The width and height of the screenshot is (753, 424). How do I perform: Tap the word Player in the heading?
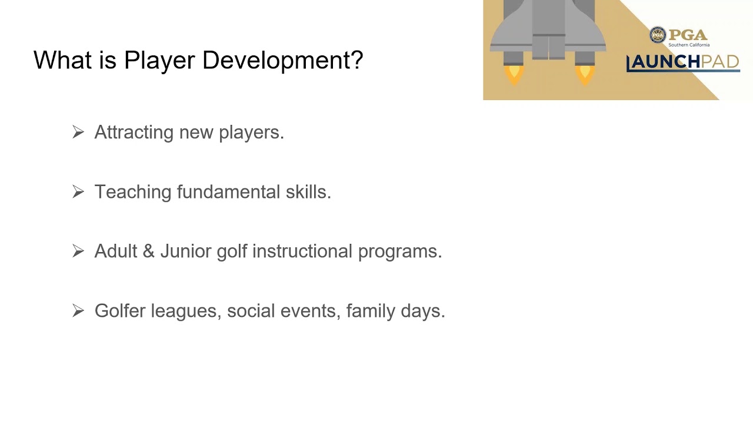click(159, 60)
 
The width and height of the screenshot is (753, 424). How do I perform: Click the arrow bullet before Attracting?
click(78, 132)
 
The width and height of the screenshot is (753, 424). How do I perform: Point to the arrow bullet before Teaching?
click(78, 192)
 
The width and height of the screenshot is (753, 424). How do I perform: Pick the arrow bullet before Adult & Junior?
click(78, 251)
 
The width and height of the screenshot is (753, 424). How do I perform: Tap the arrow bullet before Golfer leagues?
click(78, 310)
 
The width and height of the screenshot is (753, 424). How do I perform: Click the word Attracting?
click(134, 132)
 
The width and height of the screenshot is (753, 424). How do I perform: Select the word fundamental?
click(228, 191)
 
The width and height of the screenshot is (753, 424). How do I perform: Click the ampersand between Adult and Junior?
click(149, 251)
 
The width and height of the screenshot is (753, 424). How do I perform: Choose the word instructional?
click(302, 251)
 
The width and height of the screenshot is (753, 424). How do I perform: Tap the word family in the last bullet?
click(371, 310)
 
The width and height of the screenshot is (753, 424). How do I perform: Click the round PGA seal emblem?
click(658, 35)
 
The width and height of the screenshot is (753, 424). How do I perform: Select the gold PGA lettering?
click(688, 35)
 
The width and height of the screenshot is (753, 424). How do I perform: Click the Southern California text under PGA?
click(689, 45)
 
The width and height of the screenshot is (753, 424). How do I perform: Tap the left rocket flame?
click(514, 75)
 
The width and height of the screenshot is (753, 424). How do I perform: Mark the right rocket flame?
click(585, 75)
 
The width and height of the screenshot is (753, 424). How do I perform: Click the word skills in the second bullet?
click(308, 191)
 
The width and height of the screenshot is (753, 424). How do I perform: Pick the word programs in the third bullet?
click(400, 251)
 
